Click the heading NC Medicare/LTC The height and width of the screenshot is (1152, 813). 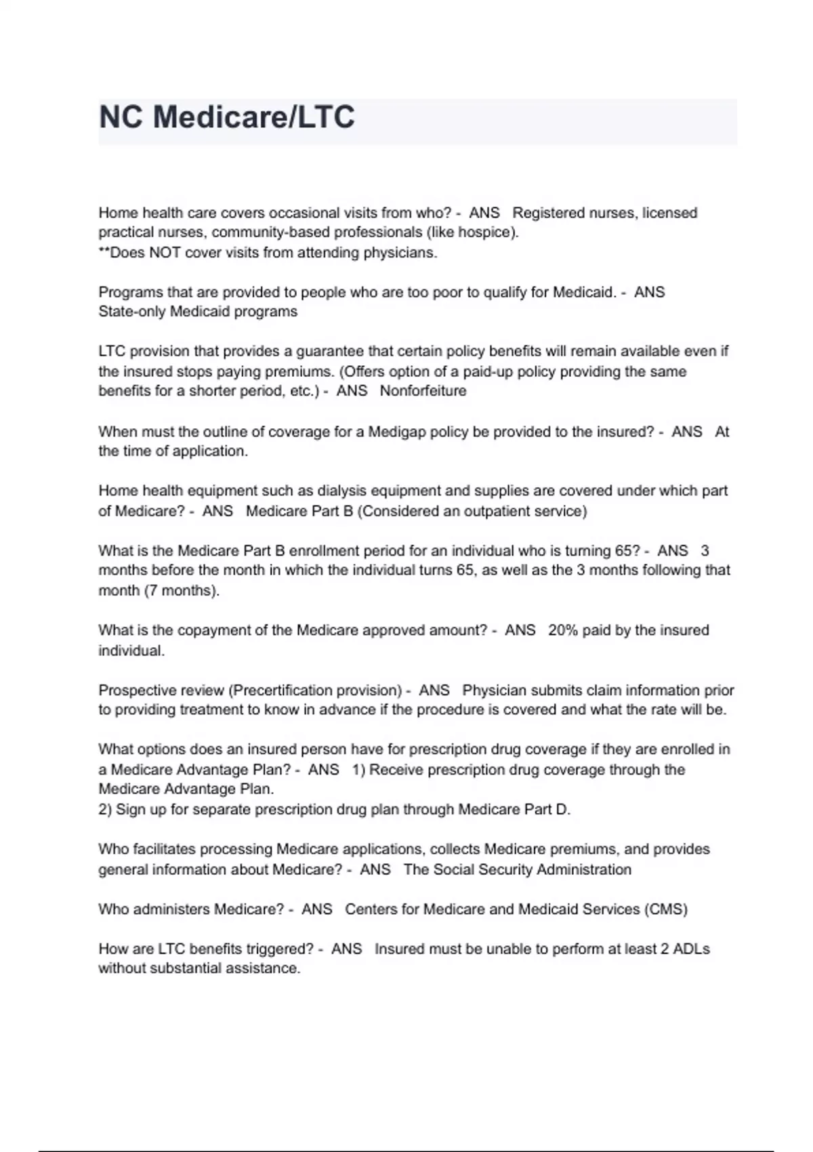coord(227,117)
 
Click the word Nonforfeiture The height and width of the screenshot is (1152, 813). coord(423,391)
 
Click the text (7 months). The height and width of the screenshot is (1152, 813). coord(182,590)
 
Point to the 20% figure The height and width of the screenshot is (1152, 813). coord(563,630)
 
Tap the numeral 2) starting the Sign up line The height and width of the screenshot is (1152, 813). coord(105,810)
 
